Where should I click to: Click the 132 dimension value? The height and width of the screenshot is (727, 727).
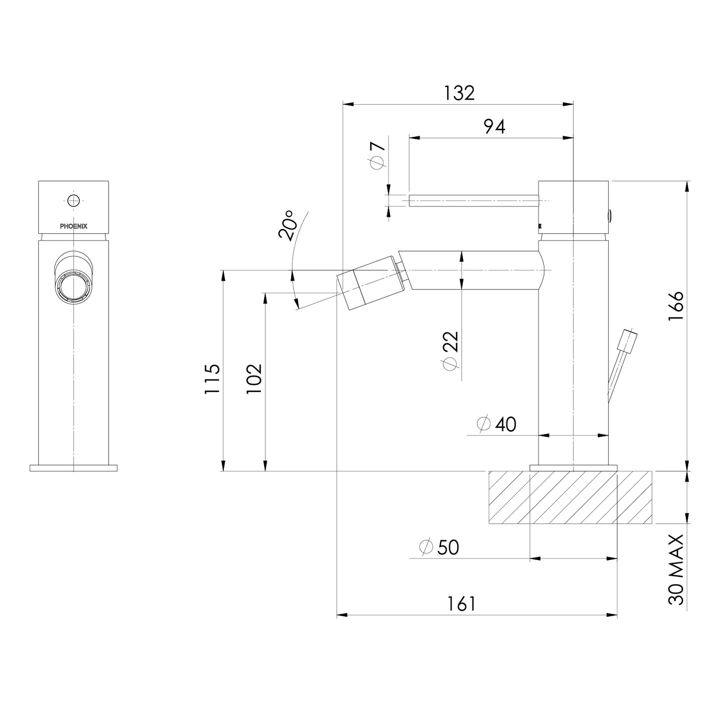click(459, 93)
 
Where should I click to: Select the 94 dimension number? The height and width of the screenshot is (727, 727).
click(495, 127)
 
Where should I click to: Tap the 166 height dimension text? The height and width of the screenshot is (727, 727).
click(676, 306)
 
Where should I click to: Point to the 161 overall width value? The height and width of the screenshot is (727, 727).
click(461, 604)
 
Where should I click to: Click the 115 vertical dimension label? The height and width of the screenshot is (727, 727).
click(212, 379)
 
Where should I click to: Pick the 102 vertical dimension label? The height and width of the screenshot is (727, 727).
click(254, 379)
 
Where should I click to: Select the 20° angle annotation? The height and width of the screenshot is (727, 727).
click(287, 225)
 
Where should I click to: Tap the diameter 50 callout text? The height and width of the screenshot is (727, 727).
click(439, 547)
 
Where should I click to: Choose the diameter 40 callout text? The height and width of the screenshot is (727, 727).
click(496, 425)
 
